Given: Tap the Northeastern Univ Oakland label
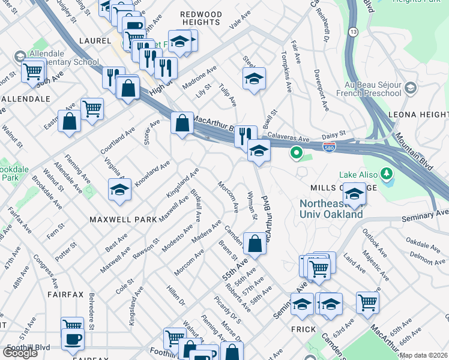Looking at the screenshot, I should pyautogui.click(x=331, y=209).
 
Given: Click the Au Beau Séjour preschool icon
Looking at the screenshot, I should pyautogui.click(x=411, y=88).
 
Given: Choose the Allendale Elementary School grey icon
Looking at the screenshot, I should pyautogui.click(x=19, y=56).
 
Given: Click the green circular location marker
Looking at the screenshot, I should pyautogui.click(x=296, y=153).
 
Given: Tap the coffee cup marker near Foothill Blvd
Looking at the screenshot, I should pyautogui.click(x=73, y=338).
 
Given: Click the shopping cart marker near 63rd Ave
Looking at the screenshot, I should pyautogui.click(x=367, y=302).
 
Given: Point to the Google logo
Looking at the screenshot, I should pyautogui.click(x=20, y=353).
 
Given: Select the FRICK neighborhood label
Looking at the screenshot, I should pyautogui.click(x=303, y=329).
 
